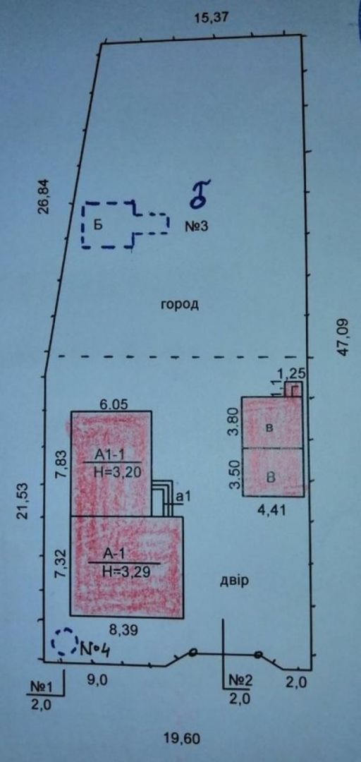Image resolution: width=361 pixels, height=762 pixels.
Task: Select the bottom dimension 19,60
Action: coord(182,739)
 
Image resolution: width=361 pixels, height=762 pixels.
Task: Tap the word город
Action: coord(180,306)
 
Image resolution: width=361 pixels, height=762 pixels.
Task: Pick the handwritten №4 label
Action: coord(94,648)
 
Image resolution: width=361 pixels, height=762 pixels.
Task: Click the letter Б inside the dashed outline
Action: coord(98,226)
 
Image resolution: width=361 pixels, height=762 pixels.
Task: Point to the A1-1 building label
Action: coord(111,455)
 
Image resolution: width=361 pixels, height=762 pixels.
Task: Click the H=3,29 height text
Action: coord(126,571)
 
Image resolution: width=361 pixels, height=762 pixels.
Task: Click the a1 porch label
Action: coord(183,497)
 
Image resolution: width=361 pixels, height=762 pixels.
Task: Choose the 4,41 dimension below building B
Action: coord(272,510)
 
